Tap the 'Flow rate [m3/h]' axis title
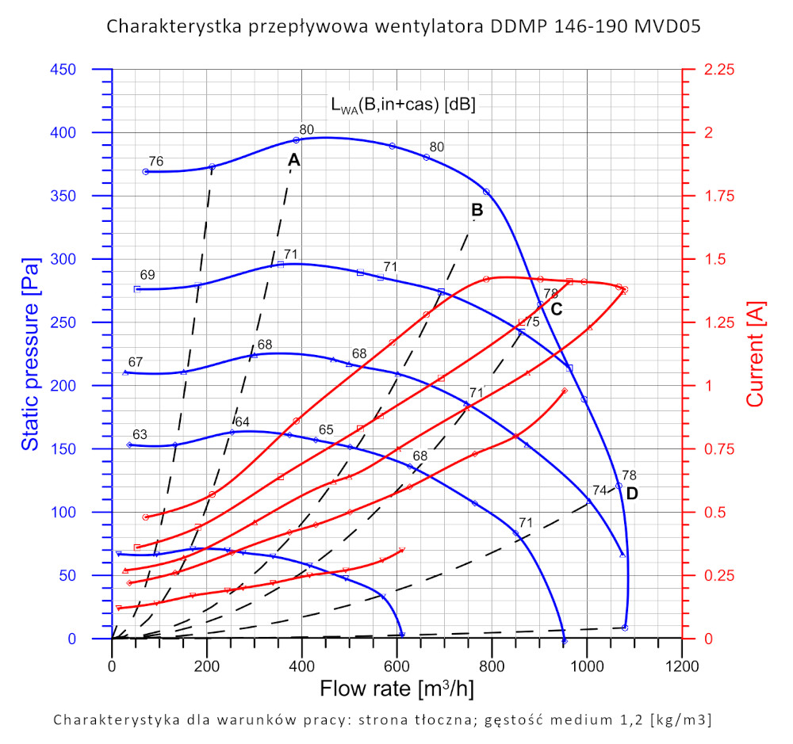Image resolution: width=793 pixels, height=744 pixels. (x=396, y=689)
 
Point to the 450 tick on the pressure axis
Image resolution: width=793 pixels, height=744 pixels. (x=82, y=70)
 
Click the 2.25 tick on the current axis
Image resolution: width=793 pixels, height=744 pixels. (x=718, y=70)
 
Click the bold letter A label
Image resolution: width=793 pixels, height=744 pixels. (x=293, y=160)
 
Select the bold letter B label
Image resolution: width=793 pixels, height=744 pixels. (x=477, y=210)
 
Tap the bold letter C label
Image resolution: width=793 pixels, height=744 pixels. (x=556, y=309)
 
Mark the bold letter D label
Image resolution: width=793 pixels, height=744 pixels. (x=632, y=493)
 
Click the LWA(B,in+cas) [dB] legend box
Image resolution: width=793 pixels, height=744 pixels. (x=403, y=105)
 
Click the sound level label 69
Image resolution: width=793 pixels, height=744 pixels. (x=147, y=275)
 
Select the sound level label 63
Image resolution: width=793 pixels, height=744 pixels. (x=140, y=434)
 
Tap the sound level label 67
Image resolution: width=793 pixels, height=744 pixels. (x=136, y=362)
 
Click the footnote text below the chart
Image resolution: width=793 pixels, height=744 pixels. (x=382, y=719)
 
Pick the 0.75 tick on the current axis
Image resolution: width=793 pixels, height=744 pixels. (x=718, y=448)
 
